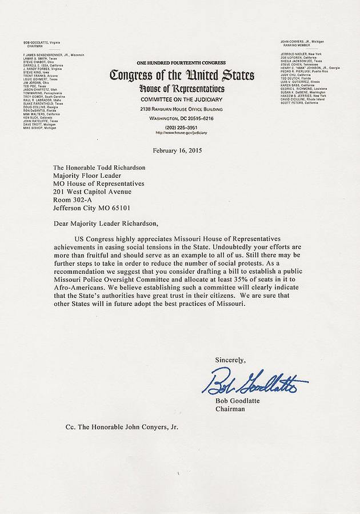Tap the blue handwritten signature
259,383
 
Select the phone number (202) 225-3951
181,126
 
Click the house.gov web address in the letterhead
181,132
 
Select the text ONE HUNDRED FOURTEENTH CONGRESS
181,62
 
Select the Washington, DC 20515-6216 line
181,118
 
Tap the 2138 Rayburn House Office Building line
181,109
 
